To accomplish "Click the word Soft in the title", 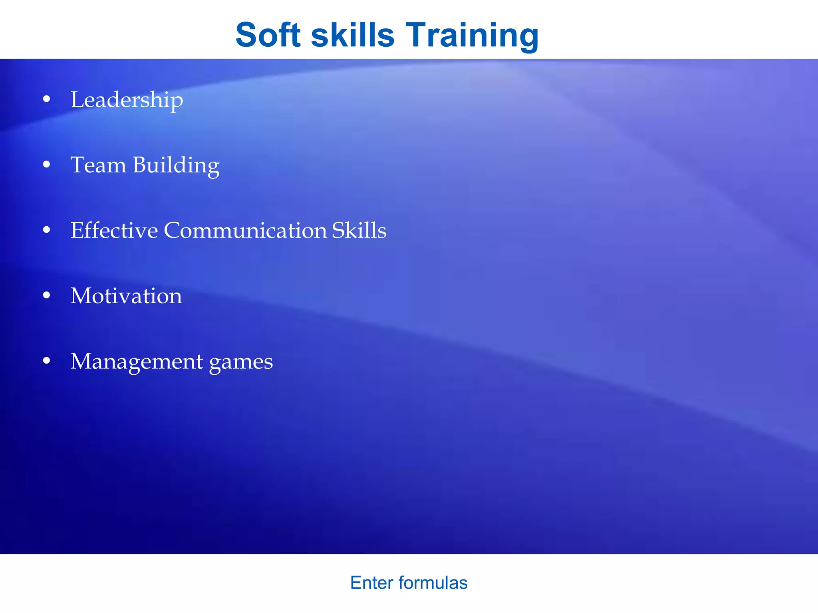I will [x=268, y=35].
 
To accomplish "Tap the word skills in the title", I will [x=353, y=35].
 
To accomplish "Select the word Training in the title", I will [x=472, y=35].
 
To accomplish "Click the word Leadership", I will [x=127, y=100].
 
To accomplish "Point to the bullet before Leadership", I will [x=47, y=99].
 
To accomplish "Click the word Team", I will [x=98, y=165].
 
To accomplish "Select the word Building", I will [x=176, y=166].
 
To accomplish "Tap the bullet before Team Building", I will [x=47, y=164].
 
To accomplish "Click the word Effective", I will [x=114, y=230].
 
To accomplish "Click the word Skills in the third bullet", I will [x=359, y=230].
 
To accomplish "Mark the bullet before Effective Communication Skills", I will [x=47, y=230].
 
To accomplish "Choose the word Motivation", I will [x=126, y=296].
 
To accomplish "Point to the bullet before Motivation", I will [x=47, y=295].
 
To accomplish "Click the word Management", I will [x=137, y=362].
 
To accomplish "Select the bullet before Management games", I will [x=47, y=361].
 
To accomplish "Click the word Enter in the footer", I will [x=372, y=583].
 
